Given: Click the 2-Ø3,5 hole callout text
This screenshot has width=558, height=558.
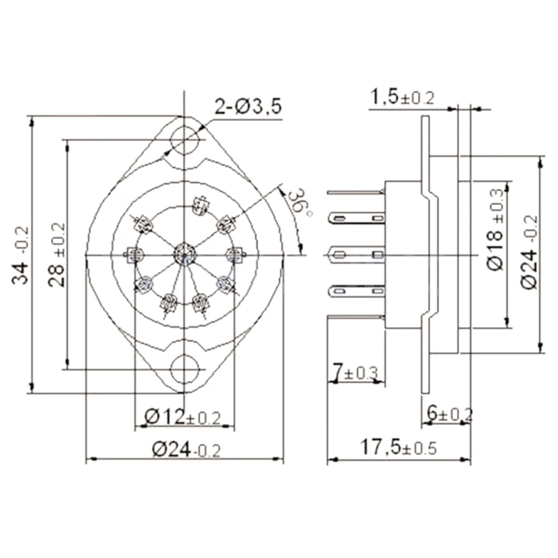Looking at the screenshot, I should pos(248,106).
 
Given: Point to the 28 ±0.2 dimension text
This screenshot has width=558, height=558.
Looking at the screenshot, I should pos(56,255).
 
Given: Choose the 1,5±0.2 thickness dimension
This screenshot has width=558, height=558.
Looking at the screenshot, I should pos(402,98).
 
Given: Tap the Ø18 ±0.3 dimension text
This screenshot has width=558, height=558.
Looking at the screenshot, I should pos(496,229).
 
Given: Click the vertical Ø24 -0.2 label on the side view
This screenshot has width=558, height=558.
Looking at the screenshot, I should pos(530,251).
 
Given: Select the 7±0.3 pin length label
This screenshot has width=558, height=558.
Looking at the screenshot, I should pos(355,371).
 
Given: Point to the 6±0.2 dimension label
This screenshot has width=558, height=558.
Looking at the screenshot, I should pos(449,413).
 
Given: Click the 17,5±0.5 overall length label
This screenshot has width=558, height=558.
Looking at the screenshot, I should pos(398,447).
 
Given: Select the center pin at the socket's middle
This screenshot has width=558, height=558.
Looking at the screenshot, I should pos(183,254).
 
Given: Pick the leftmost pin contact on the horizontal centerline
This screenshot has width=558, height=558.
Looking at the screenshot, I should pos(134,255).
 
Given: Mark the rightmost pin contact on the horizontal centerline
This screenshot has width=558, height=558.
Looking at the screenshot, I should pos(235,255).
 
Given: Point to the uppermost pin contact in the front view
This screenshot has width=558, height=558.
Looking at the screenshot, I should pos(200,206).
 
